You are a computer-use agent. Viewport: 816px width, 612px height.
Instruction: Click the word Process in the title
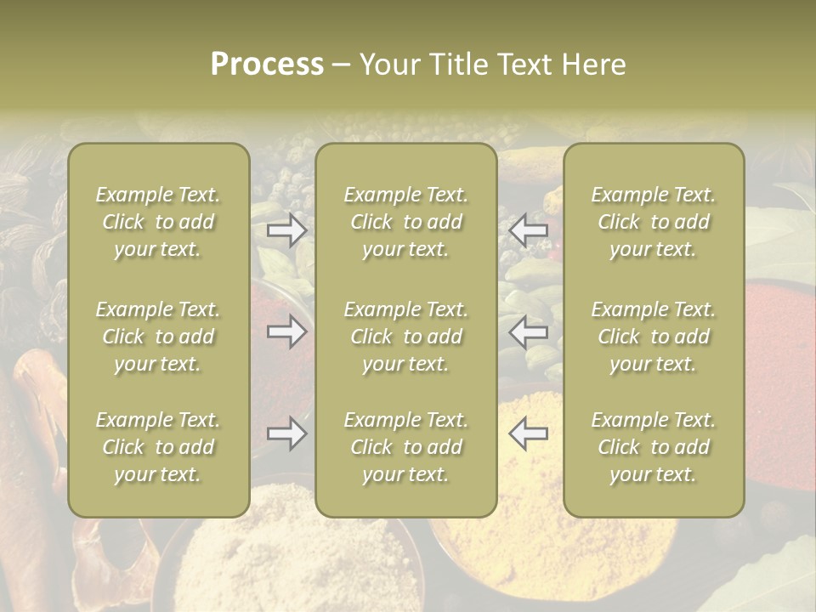pyautogui.click(x=267, y=65)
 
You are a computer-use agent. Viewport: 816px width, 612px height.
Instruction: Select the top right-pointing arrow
pyautogui.click(x=287, y=230)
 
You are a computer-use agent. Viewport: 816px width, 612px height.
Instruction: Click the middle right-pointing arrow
pyautogui.click(x=287, y=331)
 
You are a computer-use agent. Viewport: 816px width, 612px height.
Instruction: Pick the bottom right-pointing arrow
pyautogui.click(x=287, y=433)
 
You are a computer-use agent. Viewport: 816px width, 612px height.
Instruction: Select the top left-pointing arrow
pyautogui.click(x=528, y=230)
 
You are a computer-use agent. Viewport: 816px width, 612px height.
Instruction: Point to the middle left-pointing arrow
pyautogui.click(x=528, y=331)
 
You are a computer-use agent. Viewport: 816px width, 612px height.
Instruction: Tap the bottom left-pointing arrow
pyautogui.click(x=528, y=433)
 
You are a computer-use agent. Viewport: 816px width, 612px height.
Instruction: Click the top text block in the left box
pyautogui.click(x=158, y=222)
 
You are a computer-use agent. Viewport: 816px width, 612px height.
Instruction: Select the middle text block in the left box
pyautogui.click(x=158, y=337)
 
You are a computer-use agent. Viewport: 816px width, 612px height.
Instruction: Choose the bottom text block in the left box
pyautogui.click(x=158, y=447)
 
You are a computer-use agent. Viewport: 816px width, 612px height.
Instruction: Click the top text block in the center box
pyautogui.click(x=406, y=222)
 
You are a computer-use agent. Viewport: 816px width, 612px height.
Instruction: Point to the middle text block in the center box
pyautogui.click(x=406, y=337)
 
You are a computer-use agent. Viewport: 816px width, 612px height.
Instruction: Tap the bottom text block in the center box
pyautogui.click(x=406, y=447)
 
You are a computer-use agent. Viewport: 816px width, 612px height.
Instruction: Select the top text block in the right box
pyautogui.click(x=654, y=222)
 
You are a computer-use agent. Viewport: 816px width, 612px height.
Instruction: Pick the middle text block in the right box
pyautogui.click(x=654, y=337)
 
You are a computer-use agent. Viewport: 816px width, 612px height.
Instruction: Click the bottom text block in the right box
pyautogui.click(x=654, y=447)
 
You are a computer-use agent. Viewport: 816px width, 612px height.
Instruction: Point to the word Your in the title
pyautogui.click(x=388, y=65)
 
